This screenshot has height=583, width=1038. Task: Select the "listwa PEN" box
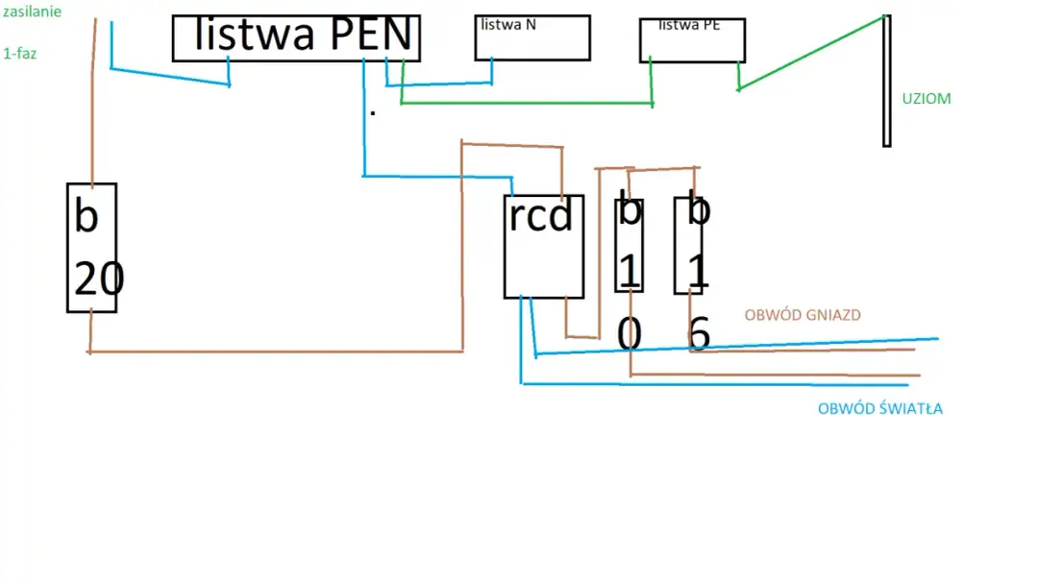(x=295, y=38)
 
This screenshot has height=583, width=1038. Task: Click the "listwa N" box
(x=531, y=38)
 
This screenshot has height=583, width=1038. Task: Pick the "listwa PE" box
(x=692, y=40)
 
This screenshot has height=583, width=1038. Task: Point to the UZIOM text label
(x=927, y=98)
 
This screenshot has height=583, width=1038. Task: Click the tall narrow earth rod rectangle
(x=886, y=81)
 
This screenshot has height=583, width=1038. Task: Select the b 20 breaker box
(x=91, y=247)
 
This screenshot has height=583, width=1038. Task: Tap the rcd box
(x=544, y=247)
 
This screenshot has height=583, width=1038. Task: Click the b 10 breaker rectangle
(x=629, y=245)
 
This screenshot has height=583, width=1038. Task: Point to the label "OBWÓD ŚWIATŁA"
(x=879, y=409)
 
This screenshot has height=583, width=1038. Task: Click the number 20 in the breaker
(x=99, y=279)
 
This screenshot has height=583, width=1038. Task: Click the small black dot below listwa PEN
(x=373, y=113)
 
